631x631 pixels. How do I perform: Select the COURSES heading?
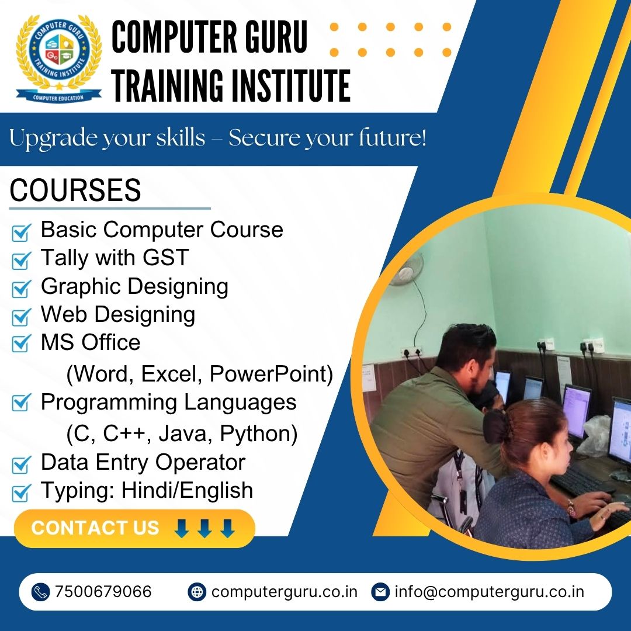[x=75, y=190]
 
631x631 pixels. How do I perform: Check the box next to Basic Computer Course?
[x=21, y=233]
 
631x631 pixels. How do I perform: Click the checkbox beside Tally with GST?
[x=21, y=261]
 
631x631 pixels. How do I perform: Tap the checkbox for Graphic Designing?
[x=21, y=289]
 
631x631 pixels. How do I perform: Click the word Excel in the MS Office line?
[x=171, y=374]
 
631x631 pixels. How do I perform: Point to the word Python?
[x=259, y=434]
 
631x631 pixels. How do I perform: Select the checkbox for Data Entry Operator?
[x=21, y=465]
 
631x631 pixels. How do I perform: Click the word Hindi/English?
[x=188, y=490]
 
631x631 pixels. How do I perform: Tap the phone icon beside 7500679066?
[x=41, y=592]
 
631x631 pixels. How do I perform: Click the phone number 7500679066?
[x=103, y=592]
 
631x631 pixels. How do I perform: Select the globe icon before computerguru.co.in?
[x=197, y=592]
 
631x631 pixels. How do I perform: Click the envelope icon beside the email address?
[x=380, y=592]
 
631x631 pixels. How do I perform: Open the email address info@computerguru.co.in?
[x=489, y=592]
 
